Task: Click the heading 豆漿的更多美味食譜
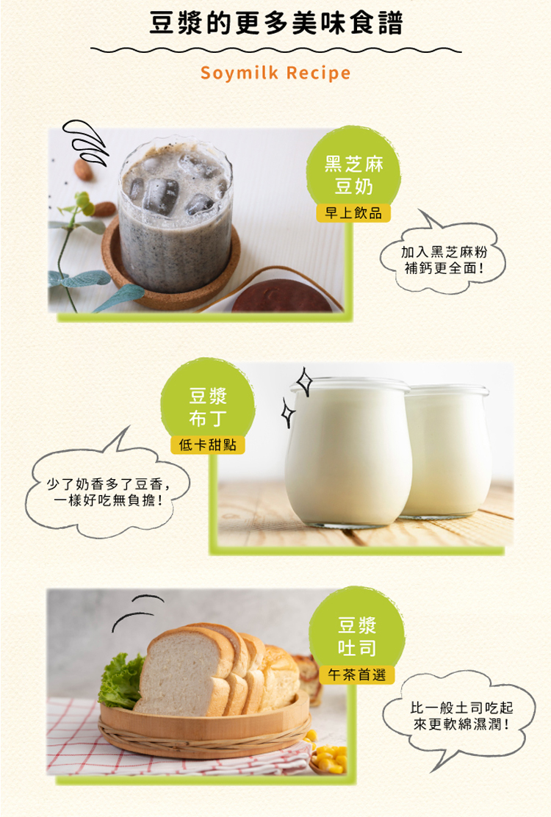[276, 24]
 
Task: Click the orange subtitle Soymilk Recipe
[275, 73]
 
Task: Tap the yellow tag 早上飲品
[353, 212]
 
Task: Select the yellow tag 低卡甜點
[208, 445]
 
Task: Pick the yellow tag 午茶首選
[357, 674]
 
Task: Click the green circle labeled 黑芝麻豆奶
[353, 169]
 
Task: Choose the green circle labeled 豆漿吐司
[357, 632]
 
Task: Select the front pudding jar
[348, 451]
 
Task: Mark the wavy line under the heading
[276, 51]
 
